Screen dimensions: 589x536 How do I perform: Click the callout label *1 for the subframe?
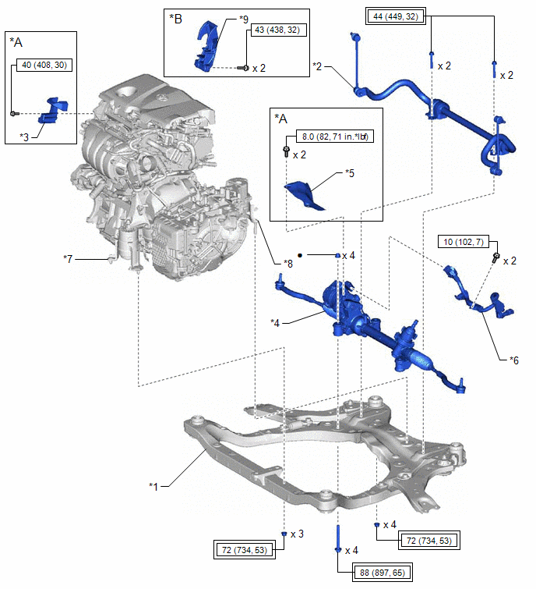153,486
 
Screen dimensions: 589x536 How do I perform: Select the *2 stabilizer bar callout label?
317,68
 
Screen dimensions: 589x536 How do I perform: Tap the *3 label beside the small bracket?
25,136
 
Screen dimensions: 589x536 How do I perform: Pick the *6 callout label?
513,360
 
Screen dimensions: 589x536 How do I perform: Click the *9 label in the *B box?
222,19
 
